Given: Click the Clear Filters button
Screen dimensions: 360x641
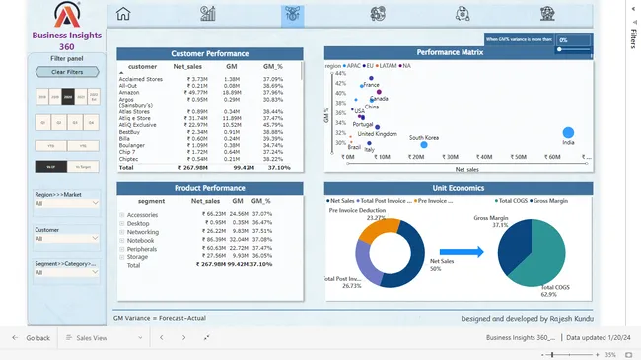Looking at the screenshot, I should (x=67, y=72).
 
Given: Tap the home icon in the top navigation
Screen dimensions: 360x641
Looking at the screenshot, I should (x=123, y=14).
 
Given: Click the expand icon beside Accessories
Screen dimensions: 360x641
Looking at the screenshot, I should (x=121, y=214).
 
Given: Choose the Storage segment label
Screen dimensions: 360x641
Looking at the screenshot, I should (x=138, y=256).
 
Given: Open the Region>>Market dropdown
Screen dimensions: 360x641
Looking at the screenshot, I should (x=67, y=204).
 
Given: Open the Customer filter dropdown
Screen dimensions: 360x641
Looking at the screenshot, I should (x=67, y=238).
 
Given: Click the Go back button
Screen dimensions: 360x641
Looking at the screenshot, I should (x=32, y=338).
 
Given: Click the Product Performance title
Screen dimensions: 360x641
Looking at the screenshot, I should (x=209, y=187).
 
